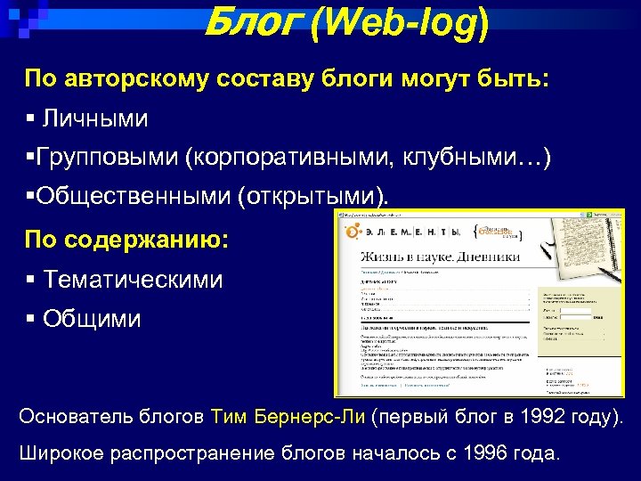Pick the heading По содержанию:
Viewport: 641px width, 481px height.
pos(126,240)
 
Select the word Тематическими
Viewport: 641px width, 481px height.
pos(134,280)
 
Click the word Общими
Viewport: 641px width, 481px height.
pos(92,319)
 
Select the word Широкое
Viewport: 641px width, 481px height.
pos(61,453)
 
